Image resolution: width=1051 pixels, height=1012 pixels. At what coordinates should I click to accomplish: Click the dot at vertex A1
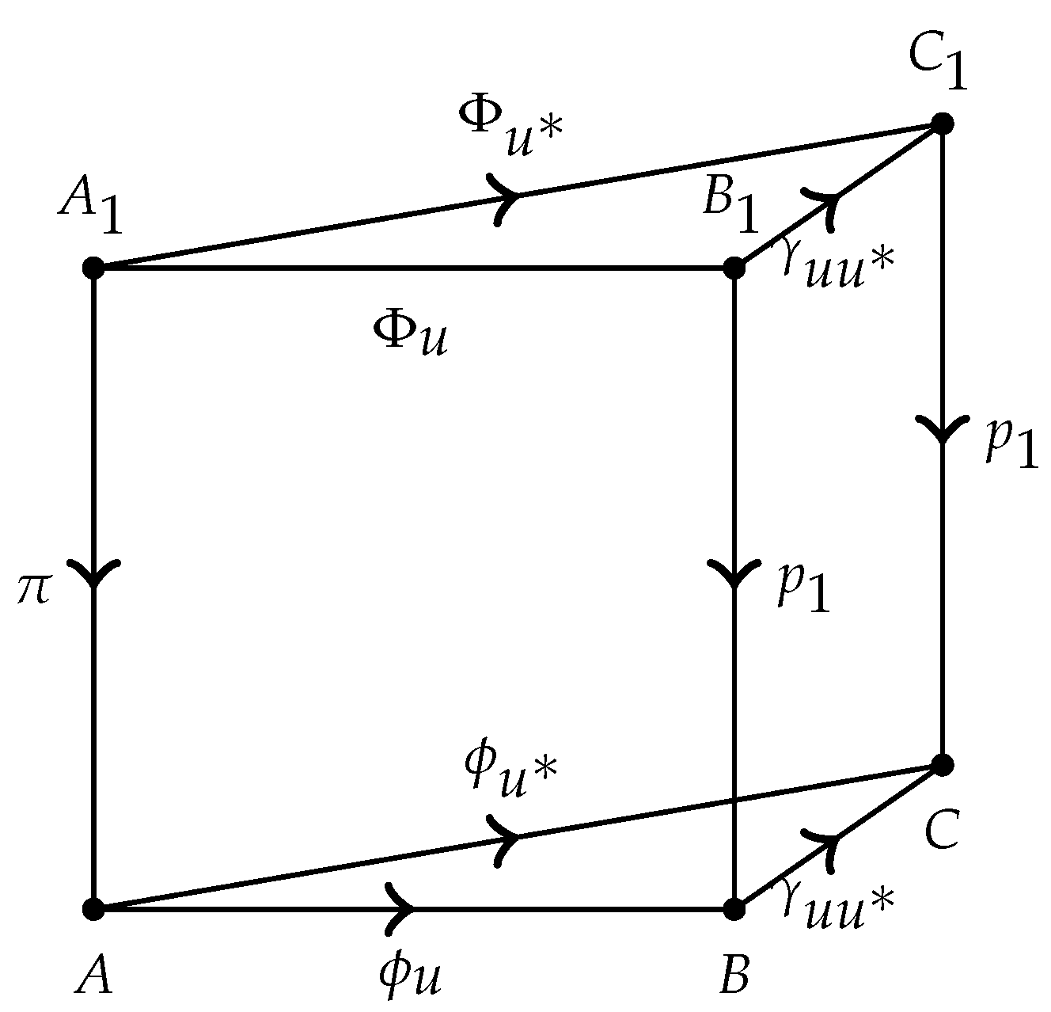[x=94, y=268]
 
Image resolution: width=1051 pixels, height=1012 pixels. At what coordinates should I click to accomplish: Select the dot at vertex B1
[x=734, y=268]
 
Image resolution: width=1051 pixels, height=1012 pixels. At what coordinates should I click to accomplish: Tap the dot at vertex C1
[x=942, y=124]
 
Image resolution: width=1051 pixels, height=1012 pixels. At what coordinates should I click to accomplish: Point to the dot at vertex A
[x=94, y=909]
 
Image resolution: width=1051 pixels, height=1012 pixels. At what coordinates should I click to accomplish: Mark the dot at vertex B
[x=734, y=909]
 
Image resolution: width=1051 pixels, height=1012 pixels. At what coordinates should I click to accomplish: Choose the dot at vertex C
[x=942, y=765]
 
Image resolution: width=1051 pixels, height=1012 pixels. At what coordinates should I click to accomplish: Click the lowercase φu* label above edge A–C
[x=511, y=771]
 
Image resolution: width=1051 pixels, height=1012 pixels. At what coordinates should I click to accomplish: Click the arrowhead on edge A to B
[x=402, y=909]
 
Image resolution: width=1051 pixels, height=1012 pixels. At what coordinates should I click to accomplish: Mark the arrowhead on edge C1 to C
[x=942, y=429]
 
